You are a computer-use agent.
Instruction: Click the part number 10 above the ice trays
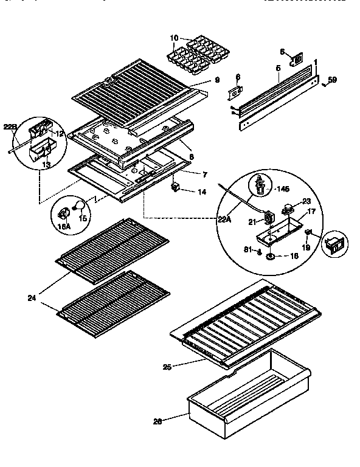coord(175,38)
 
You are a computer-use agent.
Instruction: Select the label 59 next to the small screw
coord(332,80)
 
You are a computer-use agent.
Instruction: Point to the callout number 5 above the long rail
coord(277,68)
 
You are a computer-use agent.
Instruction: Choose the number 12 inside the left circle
coord(60,133)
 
